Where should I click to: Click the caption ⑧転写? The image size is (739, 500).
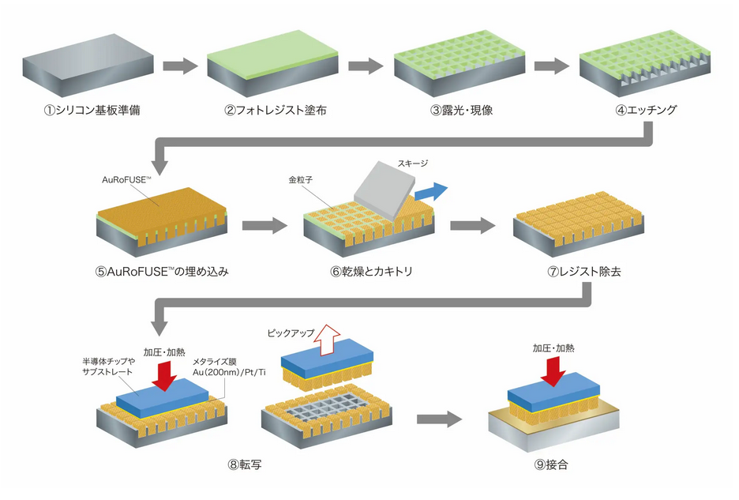(x=244, y=464)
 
